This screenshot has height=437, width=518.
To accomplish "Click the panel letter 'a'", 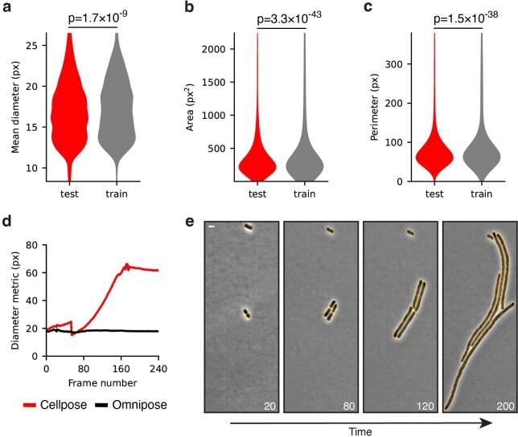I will (x=7, y=9).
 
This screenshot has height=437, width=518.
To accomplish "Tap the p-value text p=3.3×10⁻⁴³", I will (x=276, y=17).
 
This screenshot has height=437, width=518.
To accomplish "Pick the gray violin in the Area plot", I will (x=305, y=165).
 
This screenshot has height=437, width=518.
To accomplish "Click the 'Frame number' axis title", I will (x=101, y=382).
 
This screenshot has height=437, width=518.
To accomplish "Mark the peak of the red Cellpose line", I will (x=126, y=263).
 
